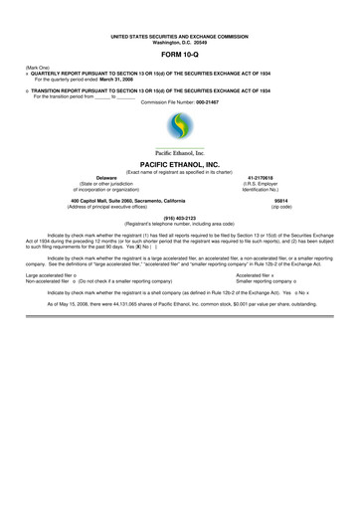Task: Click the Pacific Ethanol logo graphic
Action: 179,125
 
